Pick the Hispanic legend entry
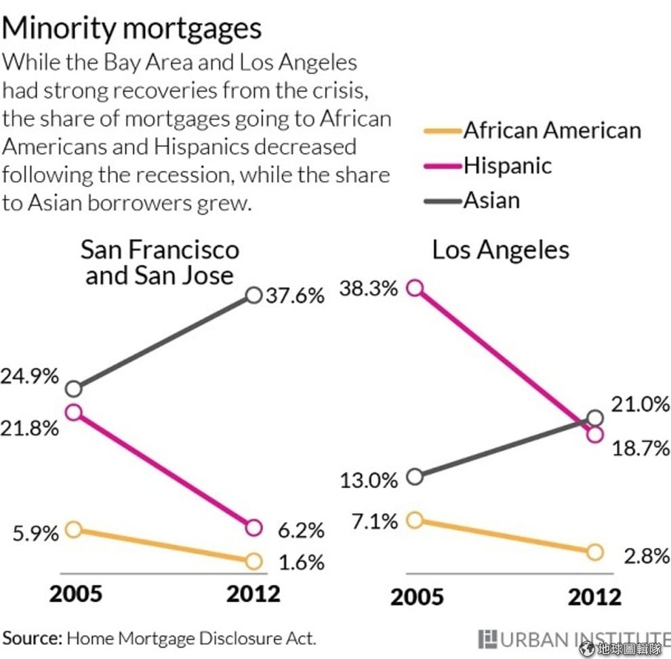pos(508,165)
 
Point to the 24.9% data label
pos(30,377)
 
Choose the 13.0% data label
pos(369,481)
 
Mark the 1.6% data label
pos(302,563)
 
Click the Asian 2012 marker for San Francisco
pos(254,296)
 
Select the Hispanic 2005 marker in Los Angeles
pos(415,288)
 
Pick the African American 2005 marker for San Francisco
pos(74,530)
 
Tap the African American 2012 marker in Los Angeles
pos(594,552)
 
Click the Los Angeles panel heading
pos(500,250)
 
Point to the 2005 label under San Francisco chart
pos(76,593)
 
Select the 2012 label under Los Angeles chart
pos(594,597)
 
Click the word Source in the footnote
pos(33,638)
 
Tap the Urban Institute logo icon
pos(487,639)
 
